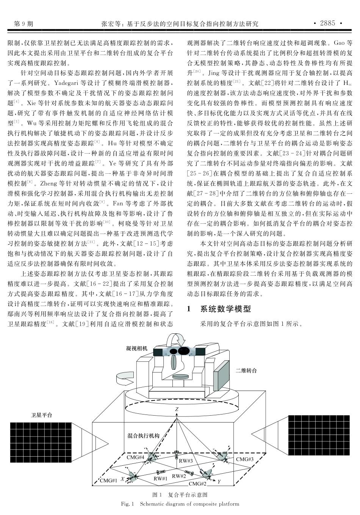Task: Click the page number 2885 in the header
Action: coord(327,23)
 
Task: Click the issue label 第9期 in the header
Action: coord(23,24)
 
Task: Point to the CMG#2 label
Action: coord(197,484)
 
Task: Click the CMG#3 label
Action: coord(245,459)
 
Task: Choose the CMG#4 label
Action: coord(135,457)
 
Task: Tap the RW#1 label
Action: coord(160,479)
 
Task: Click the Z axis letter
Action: coord(177,410)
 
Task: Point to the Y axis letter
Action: coord(219,482)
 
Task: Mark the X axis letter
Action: coord(122,479)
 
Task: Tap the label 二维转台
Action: coord(246,370)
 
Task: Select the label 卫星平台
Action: coord(41,415)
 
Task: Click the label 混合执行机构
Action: coord(143,436)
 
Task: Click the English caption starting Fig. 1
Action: coord(180,504)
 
